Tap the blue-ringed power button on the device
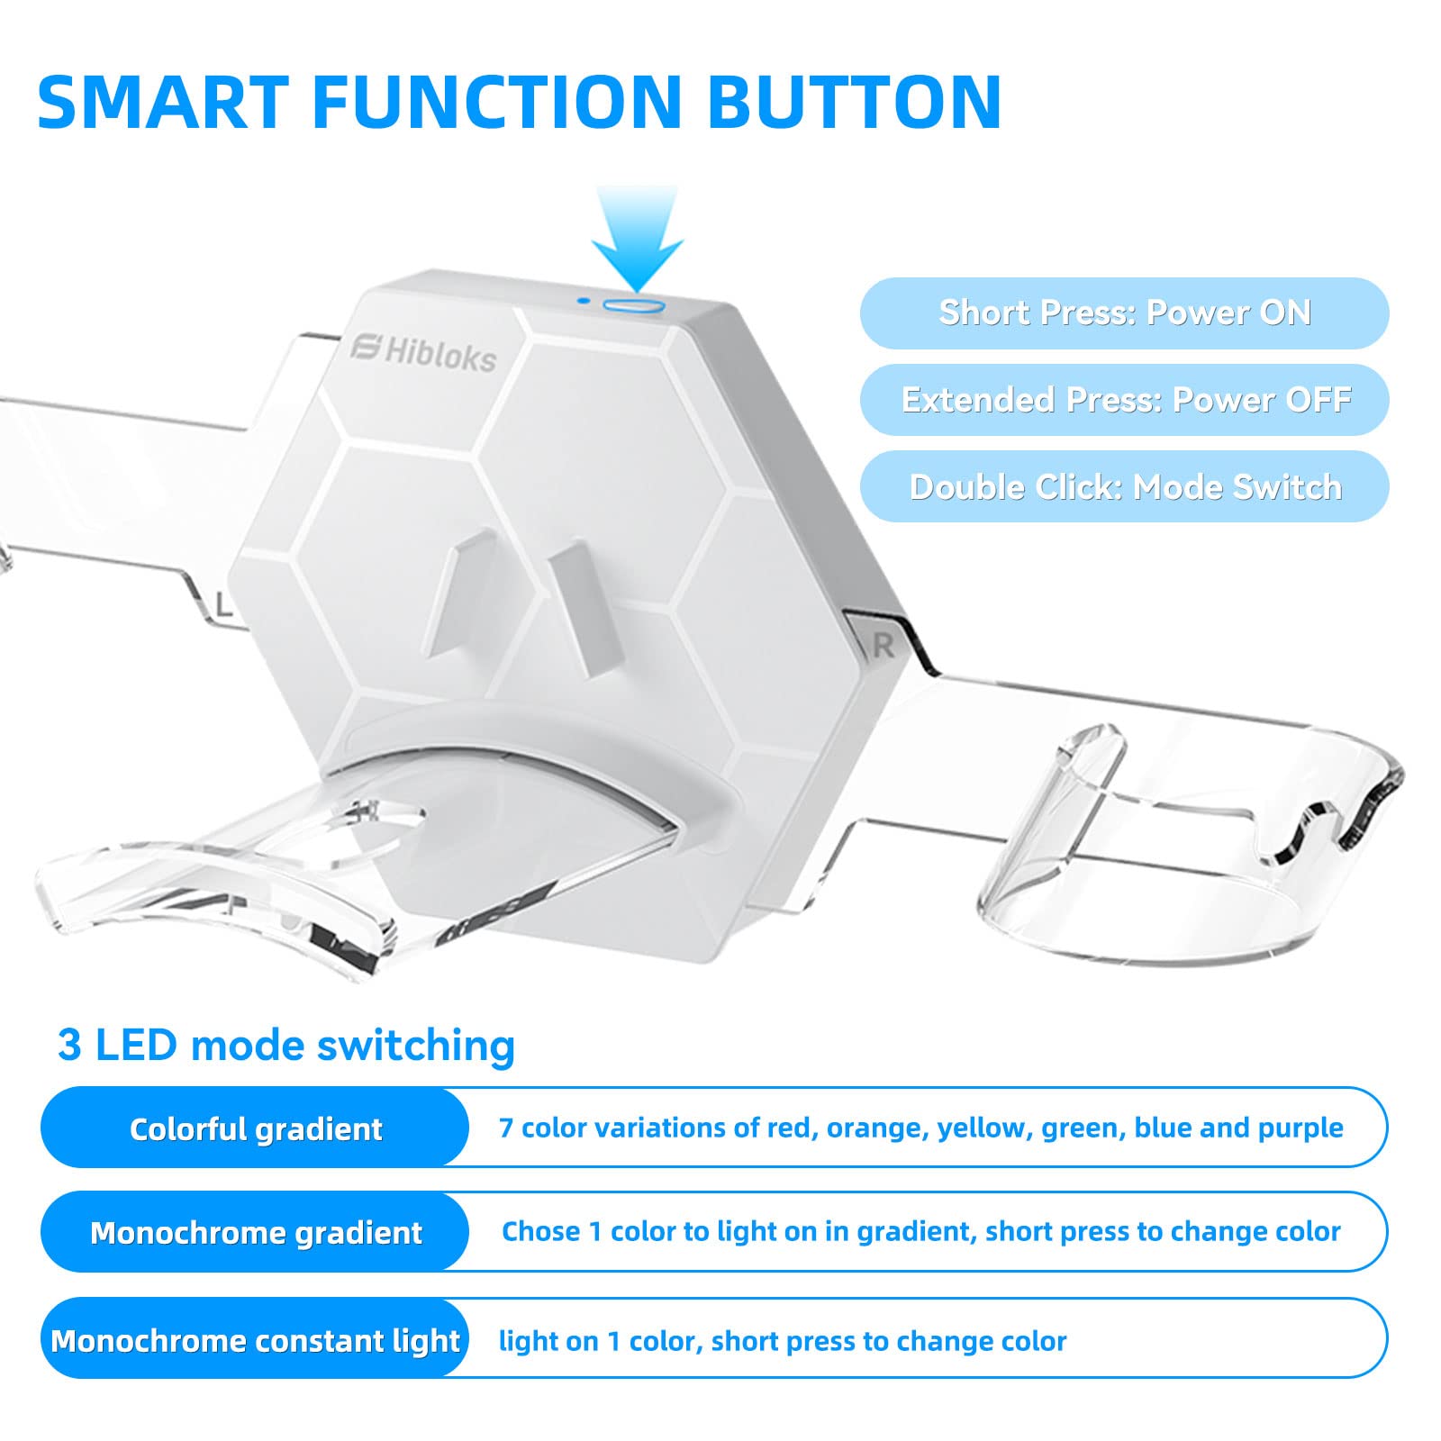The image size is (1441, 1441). pyautogui.click(x=633, y=306)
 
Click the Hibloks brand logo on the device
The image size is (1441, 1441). pyautogui.click(x=423, y=352)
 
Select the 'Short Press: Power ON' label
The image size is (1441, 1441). pyautogui.click(x=1124, y=313)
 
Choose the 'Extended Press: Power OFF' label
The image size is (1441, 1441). pyautogui.click(x=1124, y=399)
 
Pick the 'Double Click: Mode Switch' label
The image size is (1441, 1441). pyautogui.click(x=1124, y=486)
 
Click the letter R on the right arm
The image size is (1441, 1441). pyautogui.click(x=883, y=645)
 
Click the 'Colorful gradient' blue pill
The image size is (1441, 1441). pyautogui.click(x=255, y=1128)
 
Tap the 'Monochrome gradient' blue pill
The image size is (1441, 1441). pyautogui.click(x=255, y=1232)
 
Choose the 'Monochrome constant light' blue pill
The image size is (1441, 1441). pyautogui.click(x=255, y=1338)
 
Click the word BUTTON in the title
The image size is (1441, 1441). pyautogui.click(x=855, y=101)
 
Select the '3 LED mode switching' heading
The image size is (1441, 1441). pyautogui.click(x=286, y=1045)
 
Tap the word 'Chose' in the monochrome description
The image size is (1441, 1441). pyautogui.click(x=540, y=1231)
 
